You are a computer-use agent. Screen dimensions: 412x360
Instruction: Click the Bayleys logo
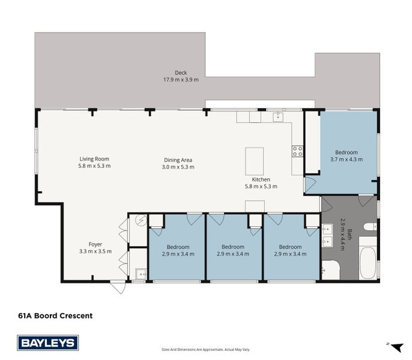48,343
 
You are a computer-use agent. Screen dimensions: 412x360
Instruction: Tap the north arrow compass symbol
396,347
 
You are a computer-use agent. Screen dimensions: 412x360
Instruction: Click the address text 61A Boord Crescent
55,316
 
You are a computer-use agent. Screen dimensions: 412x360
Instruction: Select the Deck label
181,73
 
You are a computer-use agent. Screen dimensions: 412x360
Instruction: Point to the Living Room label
94,159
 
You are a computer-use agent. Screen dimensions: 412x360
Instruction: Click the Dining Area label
178,160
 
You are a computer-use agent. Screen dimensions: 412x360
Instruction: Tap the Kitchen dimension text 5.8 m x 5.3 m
261,187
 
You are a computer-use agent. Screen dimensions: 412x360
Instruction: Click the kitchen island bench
255,161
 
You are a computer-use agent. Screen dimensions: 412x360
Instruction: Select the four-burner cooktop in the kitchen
297,151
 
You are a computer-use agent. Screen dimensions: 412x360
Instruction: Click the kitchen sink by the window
278,117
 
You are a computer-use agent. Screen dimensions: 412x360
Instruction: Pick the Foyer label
95,244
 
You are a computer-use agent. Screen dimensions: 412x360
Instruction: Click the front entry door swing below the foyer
118,287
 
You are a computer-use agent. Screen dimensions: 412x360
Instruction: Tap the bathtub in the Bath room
368,263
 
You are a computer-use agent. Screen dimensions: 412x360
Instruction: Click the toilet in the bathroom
371,227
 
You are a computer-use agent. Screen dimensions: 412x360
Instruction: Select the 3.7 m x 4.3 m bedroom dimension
347,160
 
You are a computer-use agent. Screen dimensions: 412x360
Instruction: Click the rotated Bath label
350,235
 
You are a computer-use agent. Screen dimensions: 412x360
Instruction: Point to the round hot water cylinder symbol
141,220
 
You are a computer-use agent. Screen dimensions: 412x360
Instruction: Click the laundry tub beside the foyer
141,274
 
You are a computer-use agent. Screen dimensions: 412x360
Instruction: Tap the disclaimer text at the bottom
206,349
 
